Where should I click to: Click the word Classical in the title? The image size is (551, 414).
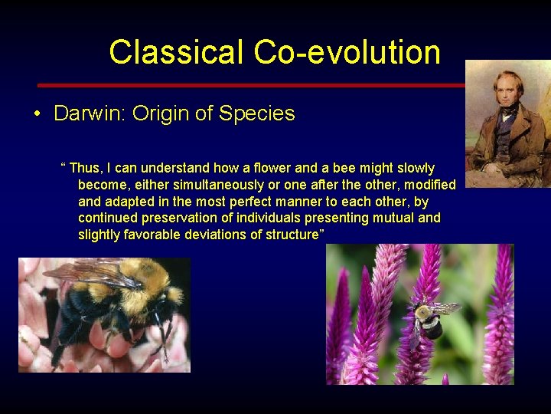point(176,52)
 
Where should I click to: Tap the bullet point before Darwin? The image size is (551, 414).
point(37,114)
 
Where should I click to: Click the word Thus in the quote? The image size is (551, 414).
point(86,168)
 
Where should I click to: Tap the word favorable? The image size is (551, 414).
point(155,235)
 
